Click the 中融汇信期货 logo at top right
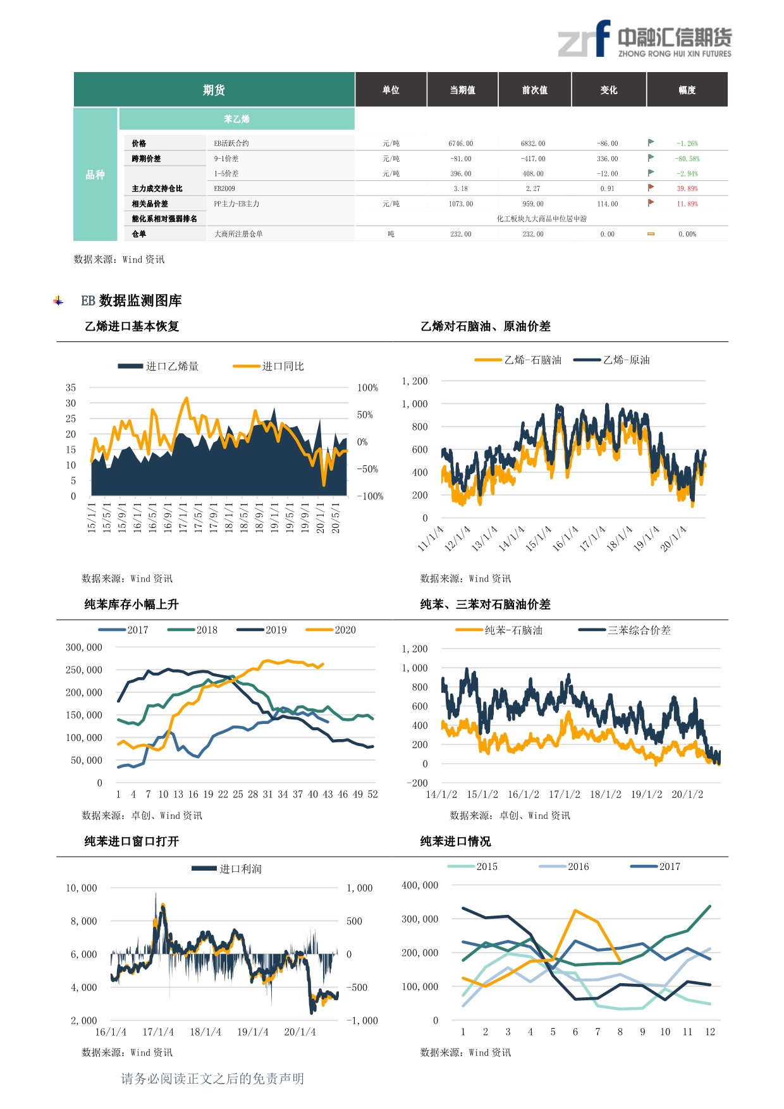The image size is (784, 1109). (644, 39)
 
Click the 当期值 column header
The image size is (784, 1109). (463, 90)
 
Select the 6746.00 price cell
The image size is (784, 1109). (461, 144)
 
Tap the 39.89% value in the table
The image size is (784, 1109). (687, 188)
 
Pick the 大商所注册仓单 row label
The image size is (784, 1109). (238, 234)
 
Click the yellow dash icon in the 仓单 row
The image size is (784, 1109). (651, 234)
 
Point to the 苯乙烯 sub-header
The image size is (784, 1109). (236, 119)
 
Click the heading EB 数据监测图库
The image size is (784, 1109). (132, 300)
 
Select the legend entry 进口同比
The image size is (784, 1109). (269, 366)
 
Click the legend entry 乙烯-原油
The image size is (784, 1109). (611, 360)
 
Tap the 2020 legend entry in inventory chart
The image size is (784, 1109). (331, 630)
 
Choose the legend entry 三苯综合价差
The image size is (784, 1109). (625, 630)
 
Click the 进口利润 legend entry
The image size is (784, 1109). (227, 869)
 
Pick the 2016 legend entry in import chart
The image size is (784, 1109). (564, 866)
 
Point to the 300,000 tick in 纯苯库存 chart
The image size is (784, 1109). (84, 647)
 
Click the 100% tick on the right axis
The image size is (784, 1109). (368, 388)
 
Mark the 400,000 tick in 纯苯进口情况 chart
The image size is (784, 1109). (420, 885)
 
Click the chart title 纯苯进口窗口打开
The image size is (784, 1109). (132, 841)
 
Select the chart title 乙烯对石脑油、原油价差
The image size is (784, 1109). (486, 326)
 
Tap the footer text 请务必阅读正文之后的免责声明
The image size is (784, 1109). (212, 1079)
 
